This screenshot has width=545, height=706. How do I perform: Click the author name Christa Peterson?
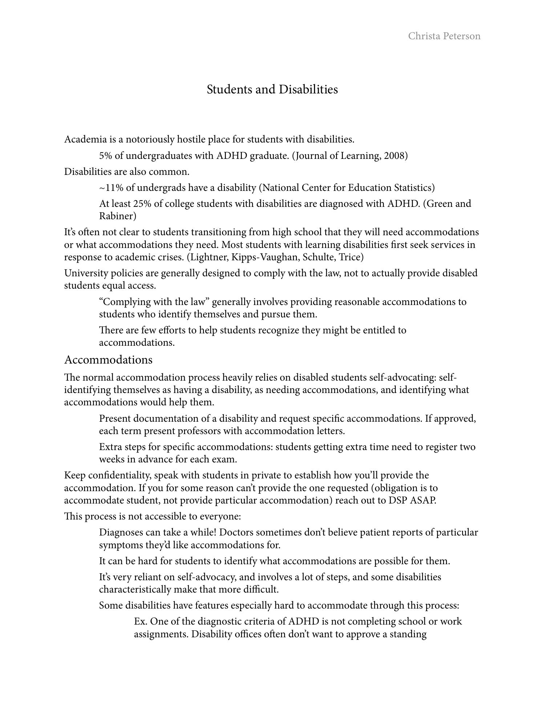[x=444, y=36]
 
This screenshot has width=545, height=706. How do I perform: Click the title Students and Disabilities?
[x=272, y=89]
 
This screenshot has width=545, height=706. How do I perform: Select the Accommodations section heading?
[x=108, y=360]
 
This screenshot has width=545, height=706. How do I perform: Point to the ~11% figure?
[x=106, y=188]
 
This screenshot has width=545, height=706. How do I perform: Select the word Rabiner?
[x=117, y=216]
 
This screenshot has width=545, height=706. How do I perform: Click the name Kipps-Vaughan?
[x=265, y=257]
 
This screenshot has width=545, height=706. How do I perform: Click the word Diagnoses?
[x=121, y=532]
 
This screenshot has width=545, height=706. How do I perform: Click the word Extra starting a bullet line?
[x=110, y=447]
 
